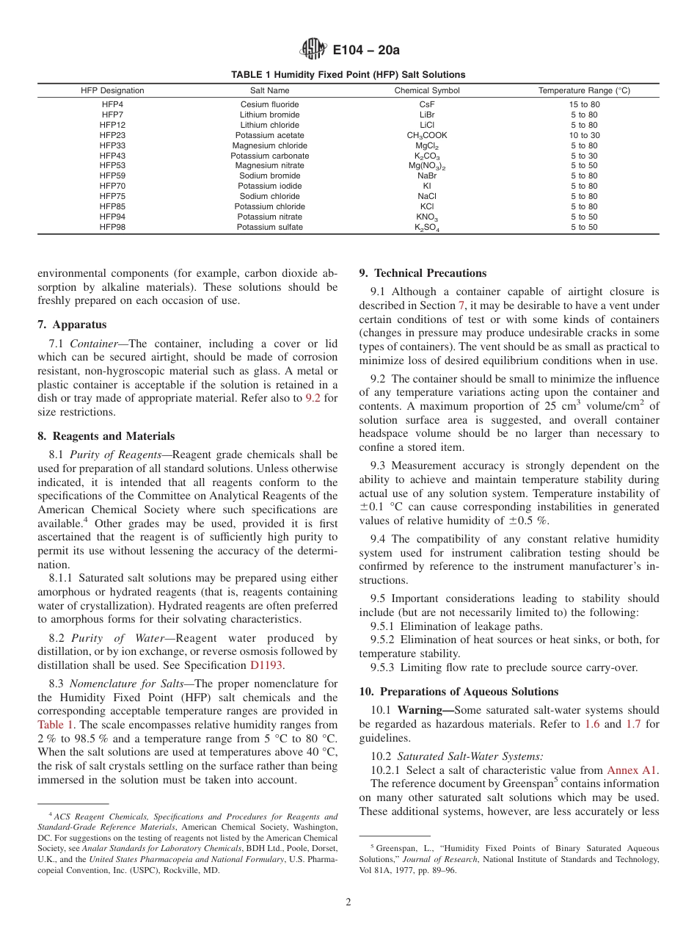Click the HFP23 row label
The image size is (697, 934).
[x=112, y=135]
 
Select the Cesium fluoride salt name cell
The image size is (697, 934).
[x=269, y=104]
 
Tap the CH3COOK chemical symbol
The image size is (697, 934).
[x=427, y=135]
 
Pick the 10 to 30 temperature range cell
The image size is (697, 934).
[x=584, y=135]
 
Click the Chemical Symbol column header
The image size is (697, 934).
[x=427, y=90]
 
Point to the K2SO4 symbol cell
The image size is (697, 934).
[x=427, y=228]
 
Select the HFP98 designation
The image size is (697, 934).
[x=112, y=227]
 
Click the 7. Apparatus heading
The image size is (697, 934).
[x=71, y=325]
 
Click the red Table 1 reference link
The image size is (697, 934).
[x=56, y=725]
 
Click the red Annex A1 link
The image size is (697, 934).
[x=632, y=770]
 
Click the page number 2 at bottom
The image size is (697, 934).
[x=348, y=902]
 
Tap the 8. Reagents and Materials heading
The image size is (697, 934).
[x=106, y=436]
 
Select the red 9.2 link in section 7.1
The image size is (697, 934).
[x=312, y=398]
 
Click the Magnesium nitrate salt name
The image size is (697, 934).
[x=269, y=166]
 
